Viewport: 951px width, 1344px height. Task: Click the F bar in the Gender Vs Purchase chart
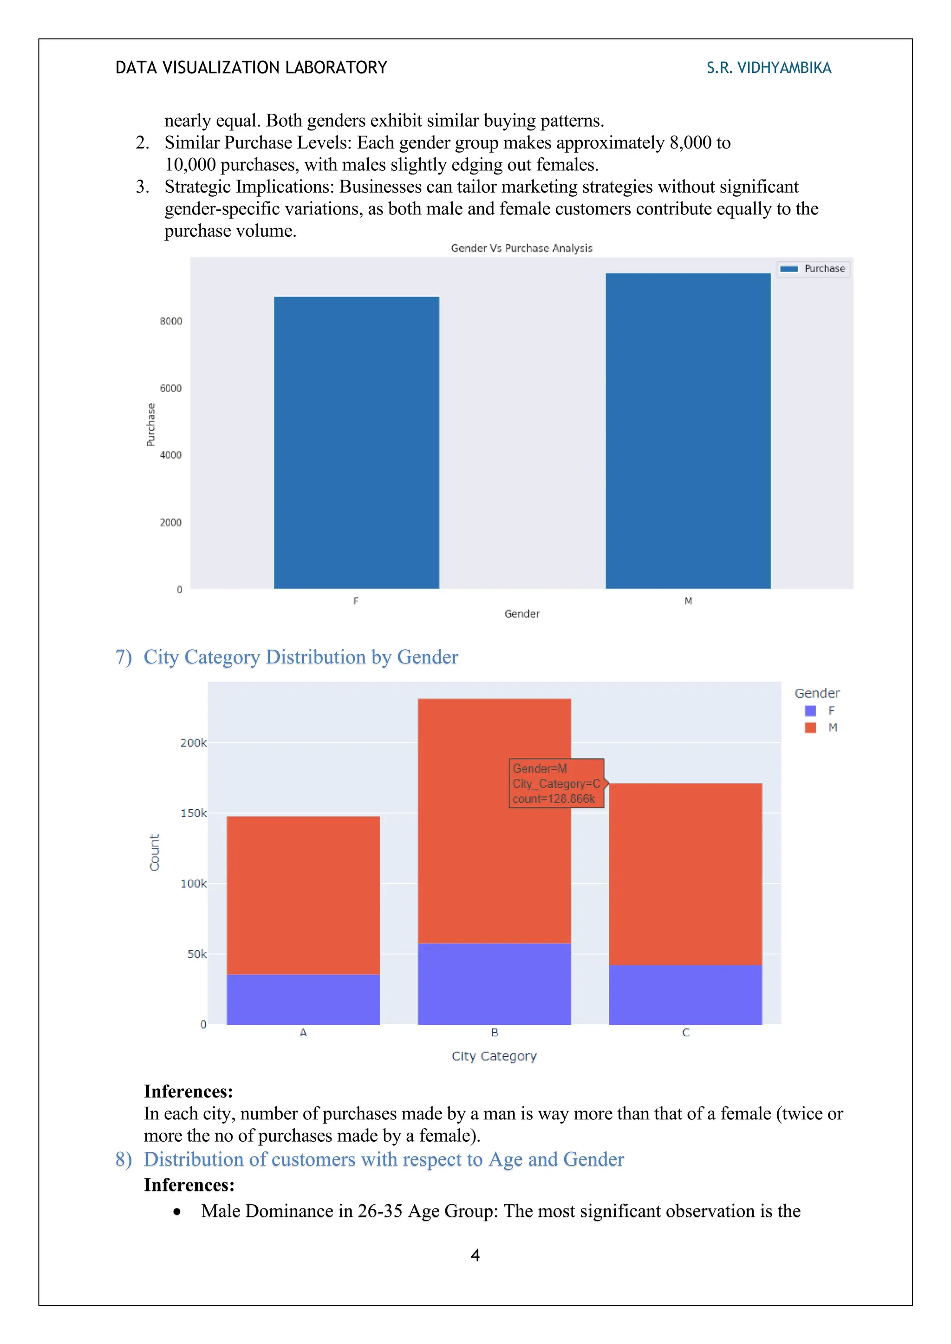[x=356, y=443]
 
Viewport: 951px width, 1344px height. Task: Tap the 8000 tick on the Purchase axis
[x=171, y=321]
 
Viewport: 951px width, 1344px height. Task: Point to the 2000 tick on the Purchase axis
[x=171, y=522]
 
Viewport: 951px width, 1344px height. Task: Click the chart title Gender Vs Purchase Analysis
[x=521, y=248]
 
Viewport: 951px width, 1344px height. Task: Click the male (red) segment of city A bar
[x=303, y=895]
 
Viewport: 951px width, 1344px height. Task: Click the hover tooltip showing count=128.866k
[x=556, y=783]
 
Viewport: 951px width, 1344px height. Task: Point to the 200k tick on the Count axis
[x=193, y=743]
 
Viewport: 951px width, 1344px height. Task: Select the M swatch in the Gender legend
[x=810, y=728]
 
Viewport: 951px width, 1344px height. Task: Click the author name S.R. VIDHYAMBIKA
[x=769, y=68]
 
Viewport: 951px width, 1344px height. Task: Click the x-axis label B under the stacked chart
[x=494, y=1033]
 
